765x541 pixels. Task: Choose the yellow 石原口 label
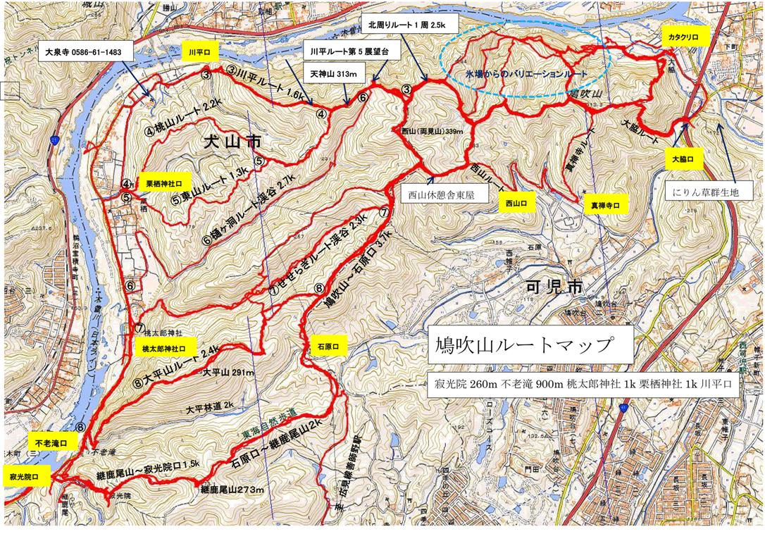[x=328, y=347]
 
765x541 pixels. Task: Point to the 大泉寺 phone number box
[x=84, y=51]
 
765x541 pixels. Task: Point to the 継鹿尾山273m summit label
[x=232, y=490]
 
